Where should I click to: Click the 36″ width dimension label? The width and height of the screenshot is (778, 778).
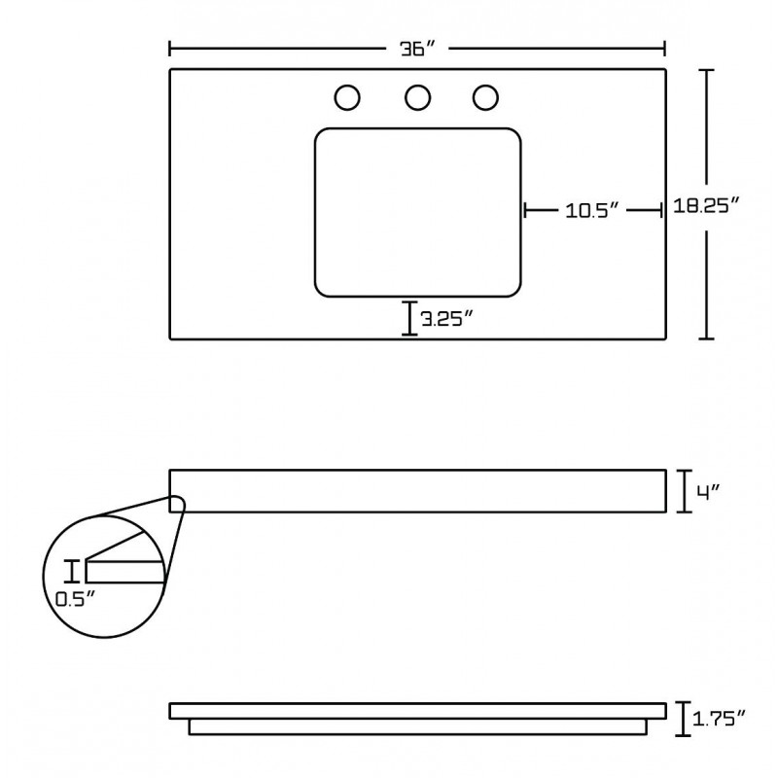coord(417,49)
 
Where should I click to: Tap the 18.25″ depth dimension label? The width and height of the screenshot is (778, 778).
coord(707,205)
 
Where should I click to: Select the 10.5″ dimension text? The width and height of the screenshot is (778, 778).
coord(592,211)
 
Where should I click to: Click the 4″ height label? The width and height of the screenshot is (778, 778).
coord(708,492)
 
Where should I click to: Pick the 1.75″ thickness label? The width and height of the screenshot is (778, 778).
coord(719,718)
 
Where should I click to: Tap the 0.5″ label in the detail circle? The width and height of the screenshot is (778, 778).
coord(75,599)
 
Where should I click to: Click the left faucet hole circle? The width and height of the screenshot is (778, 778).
coord(347,97)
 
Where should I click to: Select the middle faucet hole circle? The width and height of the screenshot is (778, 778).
coord(417,97)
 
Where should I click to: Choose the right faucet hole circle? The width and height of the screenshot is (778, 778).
coord(485,97)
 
